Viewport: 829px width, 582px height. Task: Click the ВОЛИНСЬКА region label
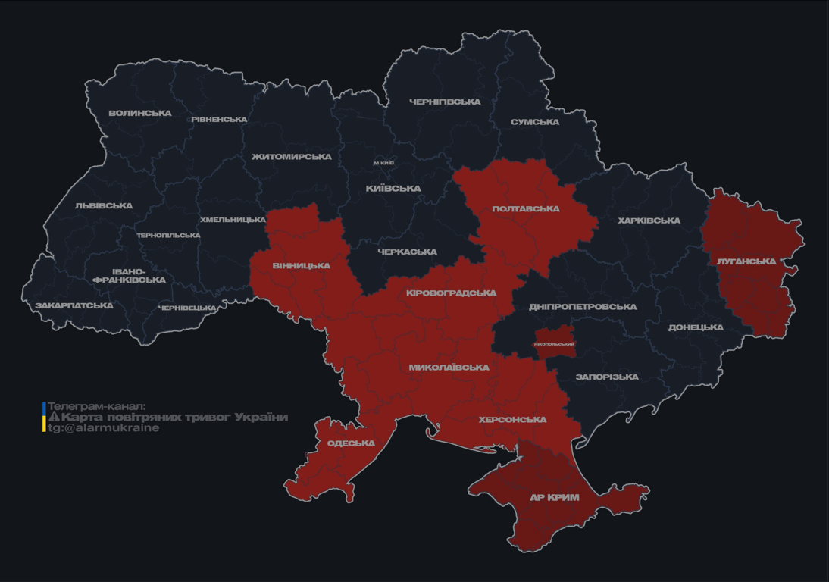click(140, 114)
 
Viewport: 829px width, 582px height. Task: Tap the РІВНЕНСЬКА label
click(219, 120)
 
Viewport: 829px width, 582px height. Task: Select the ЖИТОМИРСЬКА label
click(292, 157)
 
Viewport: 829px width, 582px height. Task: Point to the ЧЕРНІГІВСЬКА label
click(445, 102)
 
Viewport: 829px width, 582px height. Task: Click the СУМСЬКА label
click(535, 122)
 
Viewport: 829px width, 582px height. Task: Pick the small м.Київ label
click(384, 164)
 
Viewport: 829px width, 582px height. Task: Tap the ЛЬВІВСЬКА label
click(104, 206)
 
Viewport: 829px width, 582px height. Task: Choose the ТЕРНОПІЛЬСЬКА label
click(168, 236)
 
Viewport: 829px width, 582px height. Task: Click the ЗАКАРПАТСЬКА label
click(74, 306)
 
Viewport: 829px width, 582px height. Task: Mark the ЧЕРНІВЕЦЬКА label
click(187, 308)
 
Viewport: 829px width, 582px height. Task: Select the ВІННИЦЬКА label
click(302, 266)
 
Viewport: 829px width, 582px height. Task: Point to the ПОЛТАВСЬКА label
click(526, 209)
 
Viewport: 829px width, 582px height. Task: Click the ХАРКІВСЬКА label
click(649, 221)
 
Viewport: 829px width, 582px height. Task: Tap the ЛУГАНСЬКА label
click(746, 261)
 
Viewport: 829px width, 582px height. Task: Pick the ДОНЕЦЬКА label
click(696, 328)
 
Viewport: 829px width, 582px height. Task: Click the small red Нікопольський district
click(554, 343)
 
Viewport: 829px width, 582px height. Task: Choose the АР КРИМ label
click(554, 498)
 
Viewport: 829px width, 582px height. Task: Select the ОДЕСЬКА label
click(351, 443)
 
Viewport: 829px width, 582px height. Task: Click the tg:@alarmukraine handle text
click(104, 428)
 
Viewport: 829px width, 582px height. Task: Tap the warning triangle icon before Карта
click(54, 418)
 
